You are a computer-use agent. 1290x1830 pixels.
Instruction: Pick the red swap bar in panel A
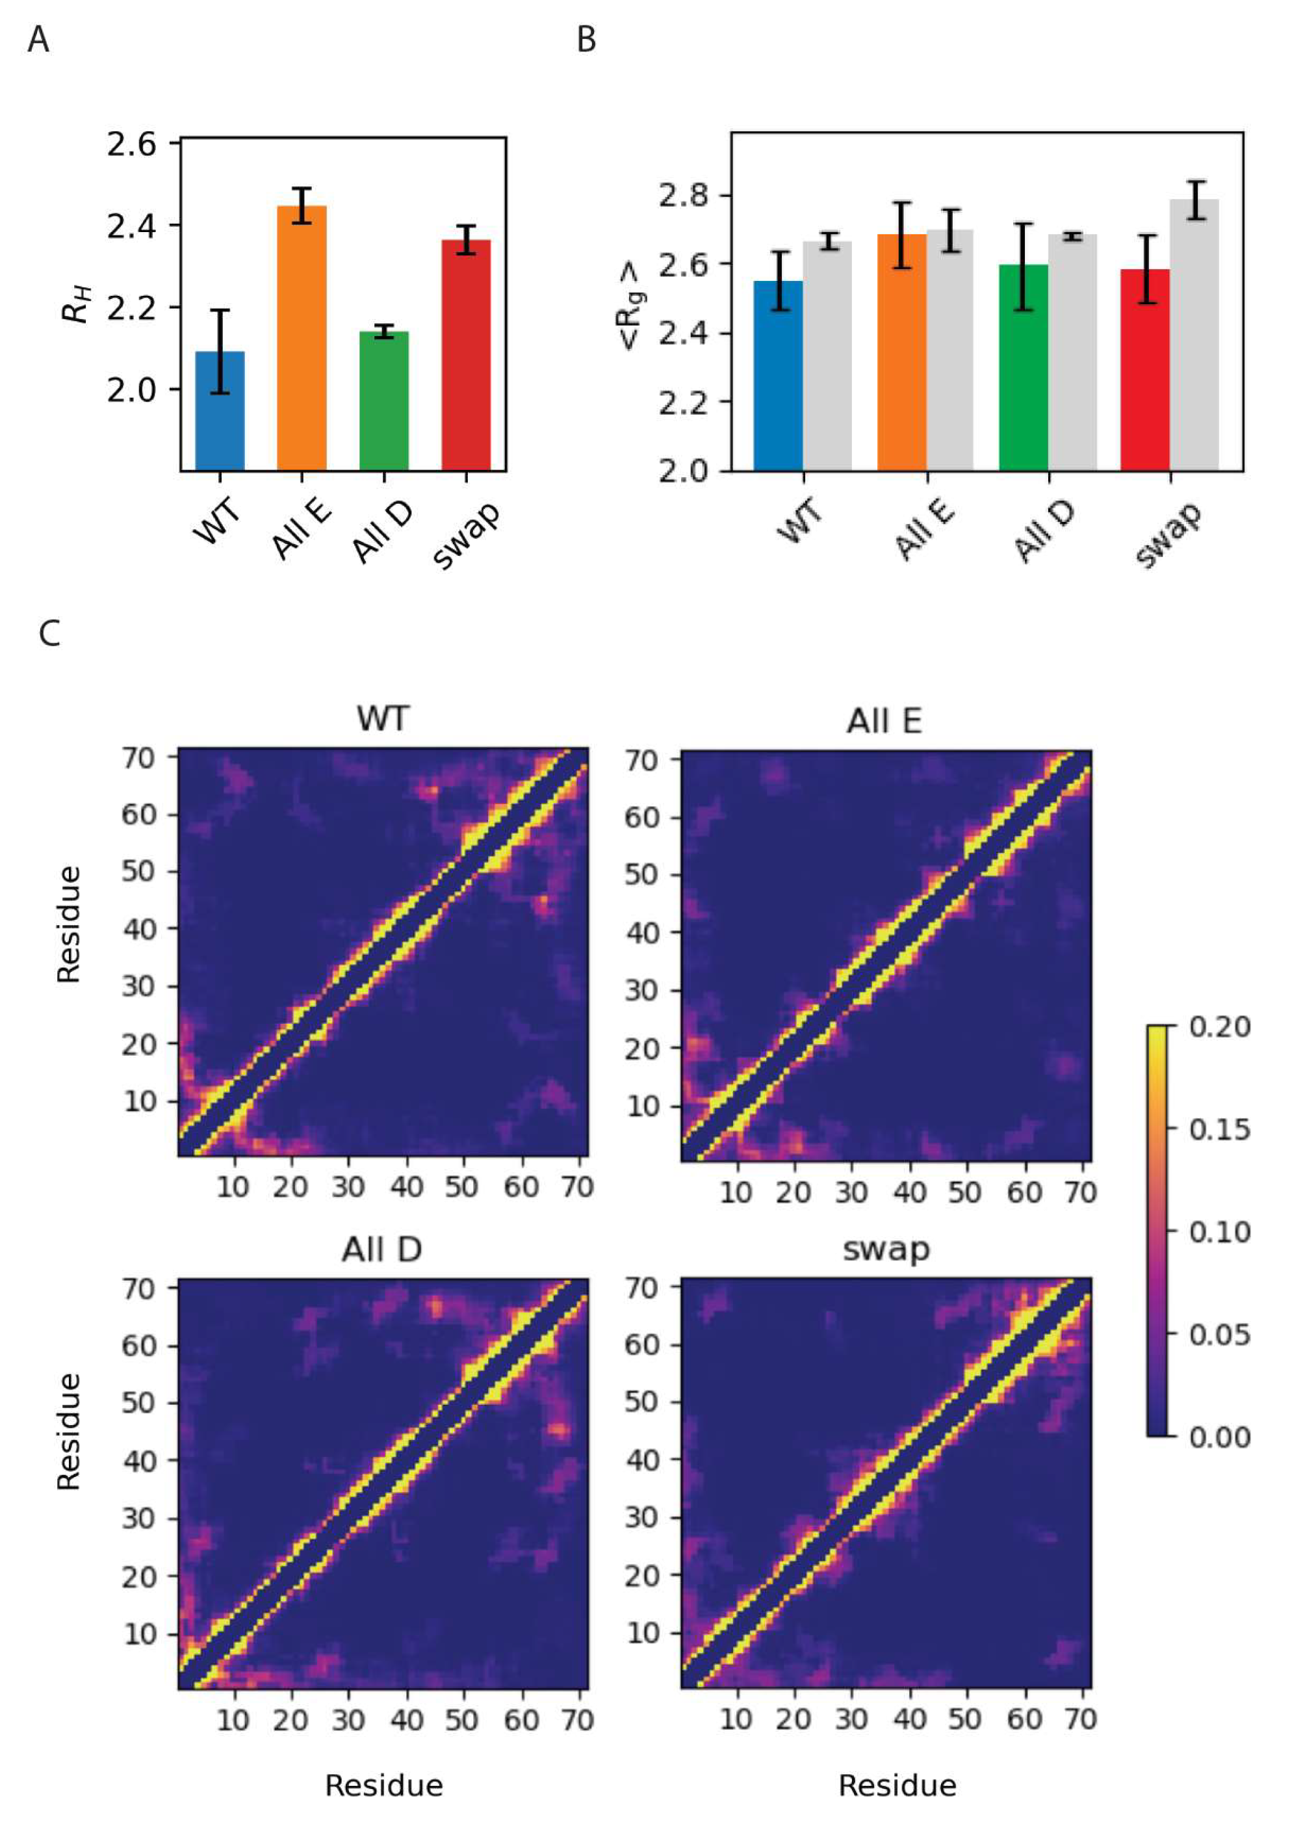coord(465,355)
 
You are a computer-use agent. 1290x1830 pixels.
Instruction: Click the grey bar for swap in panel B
coord(1194,335)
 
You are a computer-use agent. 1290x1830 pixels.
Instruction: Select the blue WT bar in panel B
coord(778,374)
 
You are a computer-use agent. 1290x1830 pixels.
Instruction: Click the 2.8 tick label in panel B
coord(684,195)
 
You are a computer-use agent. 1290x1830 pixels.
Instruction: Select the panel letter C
coord(49,634)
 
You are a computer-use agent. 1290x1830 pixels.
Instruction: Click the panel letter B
coord(586,40)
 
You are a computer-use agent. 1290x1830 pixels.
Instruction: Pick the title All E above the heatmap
coord(884,722)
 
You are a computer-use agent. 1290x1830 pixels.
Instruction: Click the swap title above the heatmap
coord(886,1248)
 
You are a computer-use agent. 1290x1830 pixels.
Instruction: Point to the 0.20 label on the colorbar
coord(1219,1026)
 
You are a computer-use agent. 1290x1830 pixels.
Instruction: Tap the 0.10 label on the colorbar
coord(1219,1232)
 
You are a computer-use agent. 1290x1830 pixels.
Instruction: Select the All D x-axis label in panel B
coord(1043,533)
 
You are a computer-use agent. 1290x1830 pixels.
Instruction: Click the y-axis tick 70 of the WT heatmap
coord(138,757)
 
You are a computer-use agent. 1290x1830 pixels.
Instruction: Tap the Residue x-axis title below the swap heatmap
coord(897,1785)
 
